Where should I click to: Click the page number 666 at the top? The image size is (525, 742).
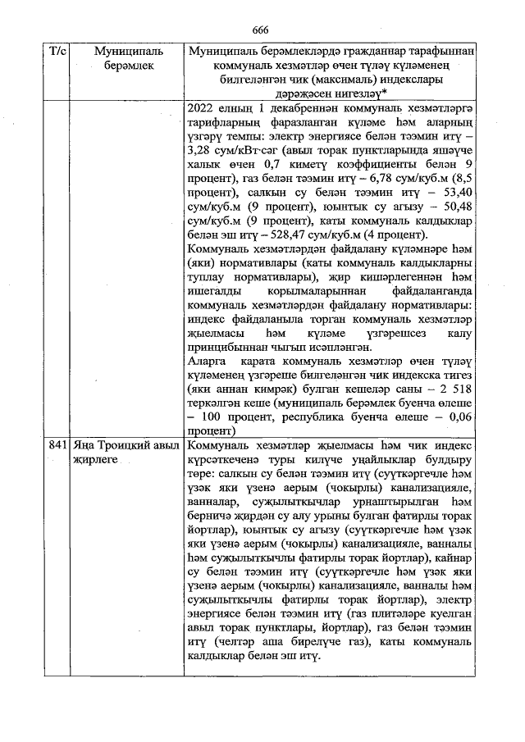click(261, 30)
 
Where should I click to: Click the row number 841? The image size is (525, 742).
click(57, 444)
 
